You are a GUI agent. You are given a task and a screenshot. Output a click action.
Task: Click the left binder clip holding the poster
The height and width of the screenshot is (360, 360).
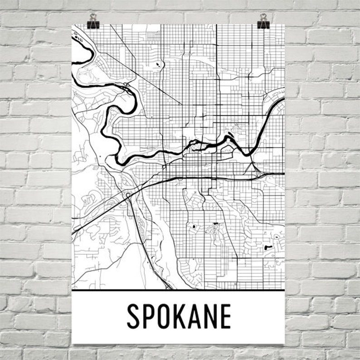click(93, 20)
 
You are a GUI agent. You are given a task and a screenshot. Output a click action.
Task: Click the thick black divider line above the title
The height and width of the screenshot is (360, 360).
click(178, 290)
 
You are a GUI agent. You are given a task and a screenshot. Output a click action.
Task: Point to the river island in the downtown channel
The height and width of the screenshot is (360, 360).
click(229, 140)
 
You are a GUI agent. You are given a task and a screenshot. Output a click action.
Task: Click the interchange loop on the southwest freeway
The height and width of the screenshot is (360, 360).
click(128, 195)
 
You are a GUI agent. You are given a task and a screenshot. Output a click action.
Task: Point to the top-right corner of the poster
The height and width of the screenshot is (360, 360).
click(284, 24)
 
